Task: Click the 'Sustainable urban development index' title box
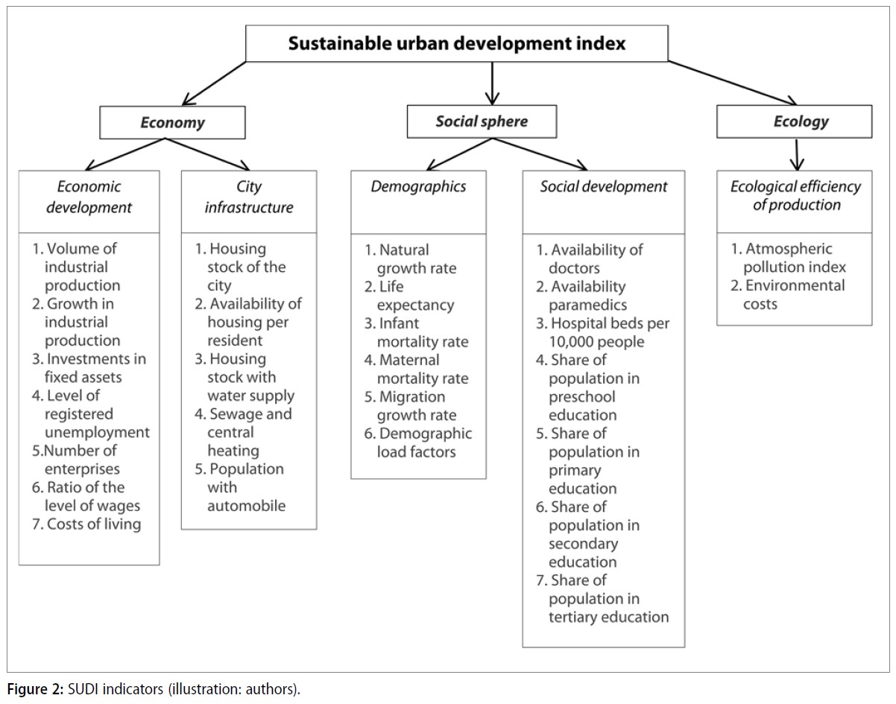click(x=457, y=43)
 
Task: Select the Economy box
click(x=172, y=122)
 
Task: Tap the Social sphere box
click(x=482, y=121)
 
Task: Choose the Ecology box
click(x=795, y=121)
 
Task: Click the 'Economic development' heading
click(x=89, y=197)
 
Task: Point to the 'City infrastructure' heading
click(x=249, y=197)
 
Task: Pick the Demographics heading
click(x=418, y=187)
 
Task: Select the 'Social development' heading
click(x=604, y=187)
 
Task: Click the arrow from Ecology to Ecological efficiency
click(x=797, y=154)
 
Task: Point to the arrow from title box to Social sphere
click(x=492, y=83)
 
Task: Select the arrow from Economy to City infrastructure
click(x=207, y=154)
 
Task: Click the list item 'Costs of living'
click(x=86, y=524)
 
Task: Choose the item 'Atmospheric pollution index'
click(x=788, y=258)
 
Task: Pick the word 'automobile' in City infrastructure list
click(x=247, y=506)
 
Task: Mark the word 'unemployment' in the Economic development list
click(x=97, y=433)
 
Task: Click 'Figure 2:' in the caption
click(x=35, y=689)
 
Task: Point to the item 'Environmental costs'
click(x=787, y=295)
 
